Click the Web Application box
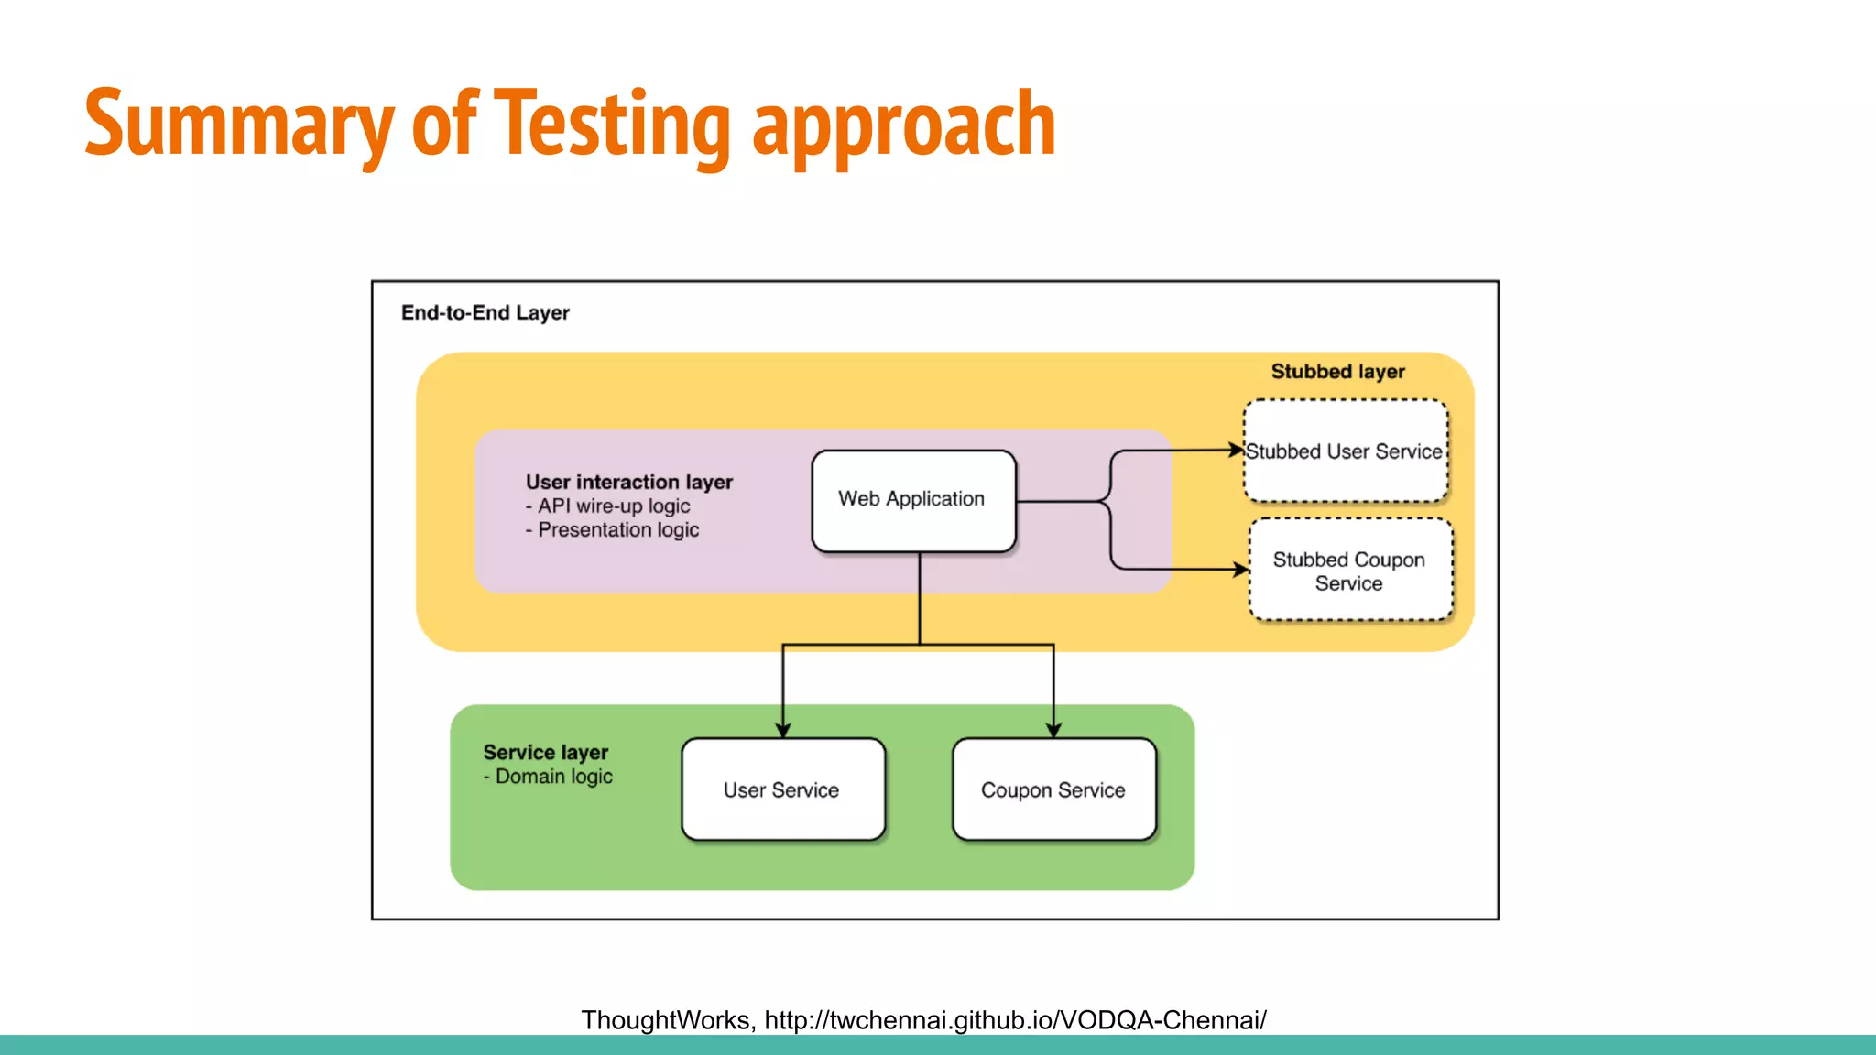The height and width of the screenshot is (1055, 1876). coord(913,500)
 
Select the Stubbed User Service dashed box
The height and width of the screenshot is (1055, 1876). coord(1345,451)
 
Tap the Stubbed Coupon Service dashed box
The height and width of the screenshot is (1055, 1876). coord(1349,571)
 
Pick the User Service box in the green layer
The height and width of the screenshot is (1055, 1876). coord(782,789)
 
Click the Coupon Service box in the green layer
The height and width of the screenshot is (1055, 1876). coord(1053,789)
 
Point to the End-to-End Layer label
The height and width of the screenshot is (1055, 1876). coord(485,312)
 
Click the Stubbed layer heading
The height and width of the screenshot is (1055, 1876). coord(1337,371)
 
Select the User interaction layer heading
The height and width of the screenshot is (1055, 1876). coord(628,482)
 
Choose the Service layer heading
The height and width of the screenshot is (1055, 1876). coord(545,752)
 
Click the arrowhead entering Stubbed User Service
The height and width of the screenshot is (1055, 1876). coord(1237,450)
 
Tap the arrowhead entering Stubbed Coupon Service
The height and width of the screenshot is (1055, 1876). coord(1241,570)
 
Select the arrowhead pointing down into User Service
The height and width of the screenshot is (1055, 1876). coord(783,729)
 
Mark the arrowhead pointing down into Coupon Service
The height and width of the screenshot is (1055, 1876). coord(1053,729)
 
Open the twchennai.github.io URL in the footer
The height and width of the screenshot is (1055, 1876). coord(1015,1019)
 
